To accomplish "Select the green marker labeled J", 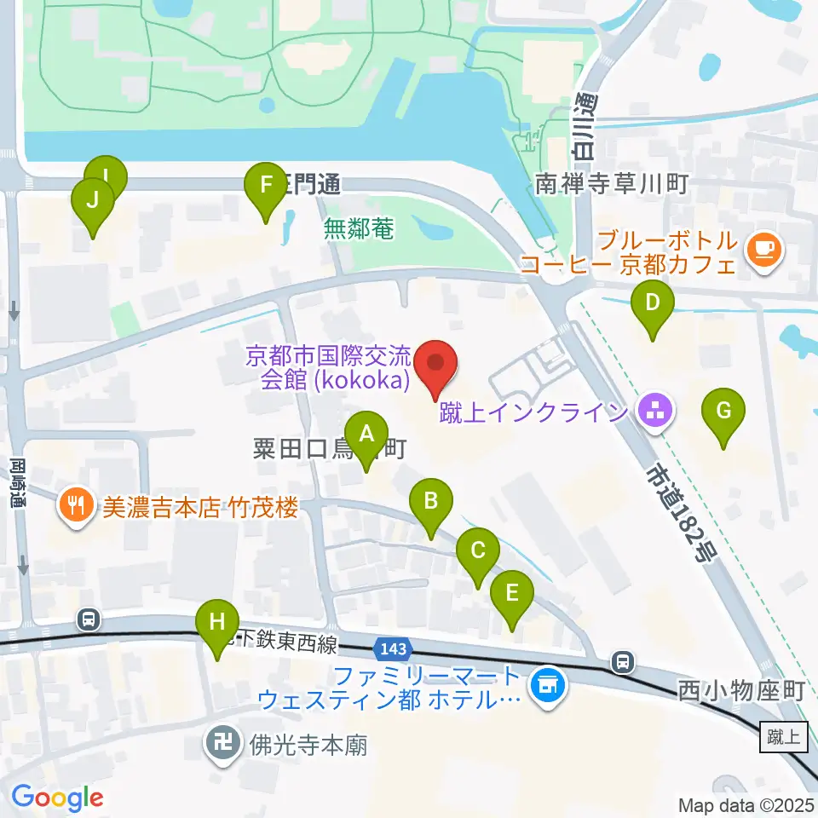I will [x=93, y=203].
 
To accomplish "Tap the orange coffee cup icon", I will [x=763, y=250].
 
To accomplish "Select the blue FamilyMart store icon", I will [x=546, y=686].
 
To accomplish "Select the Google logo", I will [x=57, y=798].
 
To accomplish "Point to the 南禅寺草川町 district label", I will [x=612, y=183].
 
